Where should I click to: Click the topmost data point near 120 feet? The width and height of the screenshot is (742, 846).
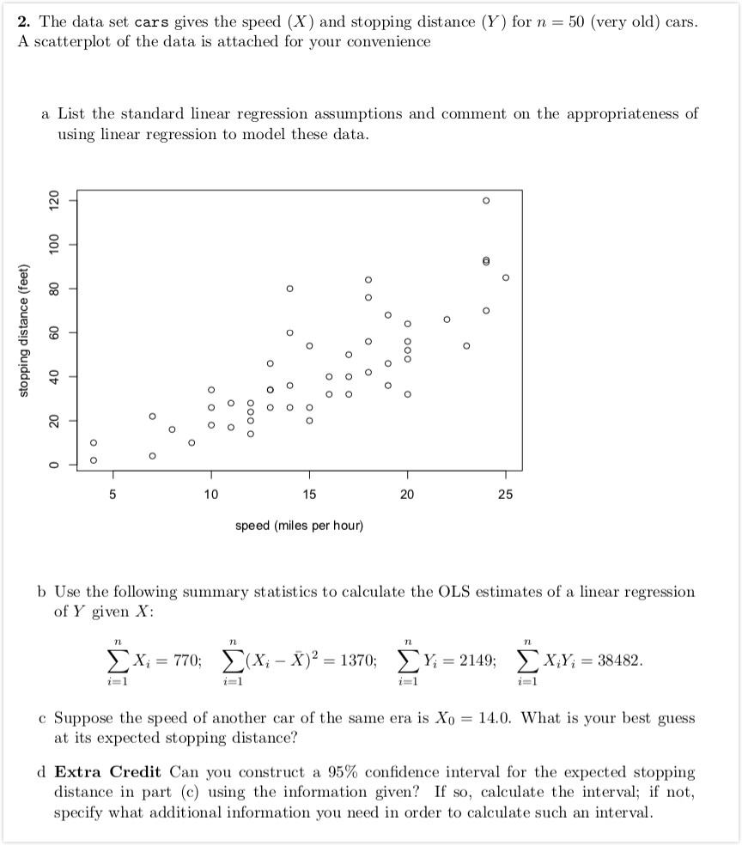click(x=486, y=200)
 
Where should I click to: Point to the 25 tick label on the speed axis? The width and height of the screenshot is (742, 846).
click(x=506, y=494)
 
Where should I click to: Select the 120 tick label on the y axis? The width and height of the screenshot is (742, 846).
click(x=53, y=201)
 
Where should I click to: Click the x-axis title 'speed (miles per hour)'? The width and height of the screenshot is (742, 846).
click(x=299, y=525)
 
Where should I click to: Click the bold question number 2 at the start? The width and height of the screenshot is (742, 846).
click(x=22, y=21)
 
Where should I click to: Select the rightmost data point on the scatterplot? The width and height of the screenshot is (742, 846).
click(x=506, y=277)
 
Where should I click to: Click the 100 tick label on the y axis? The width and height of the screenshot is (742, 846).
click(x=53, y=245)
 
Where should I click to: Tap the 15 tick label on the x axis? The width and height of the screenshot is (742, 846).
click(x=309, y=494)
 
